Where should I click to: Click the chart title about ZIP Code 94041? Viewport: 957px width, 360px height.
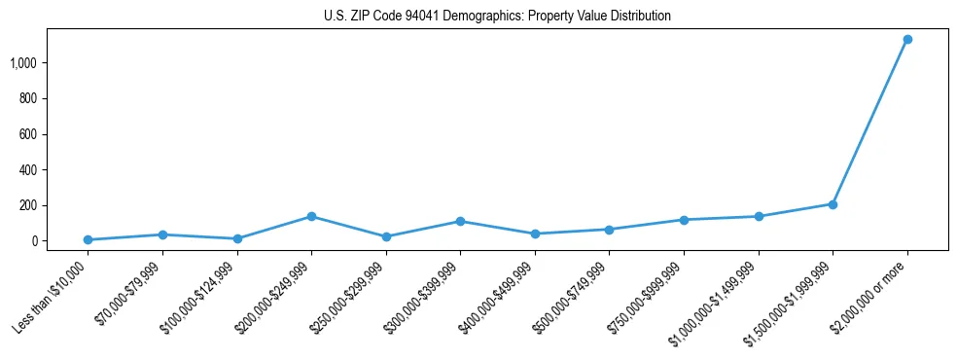pyautogui.click(x=497, y=17)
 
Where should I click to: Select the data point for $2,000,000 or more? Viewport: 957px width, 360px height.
pyautogui.click(x=907, y=40)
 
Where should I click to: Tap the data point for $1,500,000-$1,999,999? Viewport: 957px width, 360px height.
pyautogui.click(x=833, y=204)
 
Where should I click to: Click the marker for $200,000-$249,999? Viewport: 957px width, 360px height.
pyautogui.click(x=311, y=216)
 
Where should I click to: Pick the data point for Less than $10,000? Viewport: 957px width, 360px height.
pyautogui.click(x=88, y=239)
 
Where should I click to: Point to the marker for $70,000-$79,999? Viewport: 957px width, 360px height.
pyautogui.click(x=162, y=234)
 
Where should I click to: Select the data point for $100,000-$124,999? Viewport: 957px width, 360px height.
pyautogui.click(x=237, y=238)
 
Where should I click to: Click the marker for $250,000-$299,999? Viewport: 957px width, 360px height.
pyautogui.click(x=386, y=236)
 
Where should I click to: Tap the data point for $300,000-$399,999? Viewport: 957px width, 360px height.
pyautogui.click(x=460, y=221)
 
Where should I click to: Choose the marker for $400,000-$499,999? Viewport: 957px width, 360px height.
pyautogui.click(x=535, y=234)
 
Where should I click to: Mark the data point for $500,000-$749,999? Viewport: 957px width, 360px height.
pyautogui.click(x=609, y=230)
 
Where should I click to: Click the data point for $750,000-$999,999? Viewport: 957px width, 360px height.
pyautogui.click(x=684, y=220)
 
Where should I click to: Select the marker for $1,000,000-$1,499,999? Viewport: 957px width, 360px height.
pyautogui.click(x=759, y=216)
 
